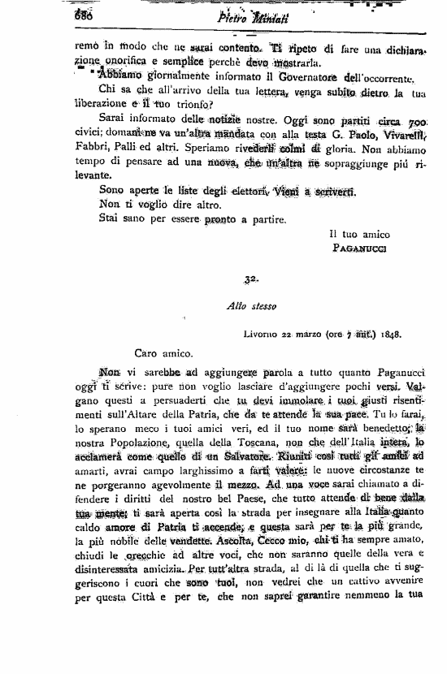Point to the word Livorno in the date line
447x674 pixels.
click(261, 334)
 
